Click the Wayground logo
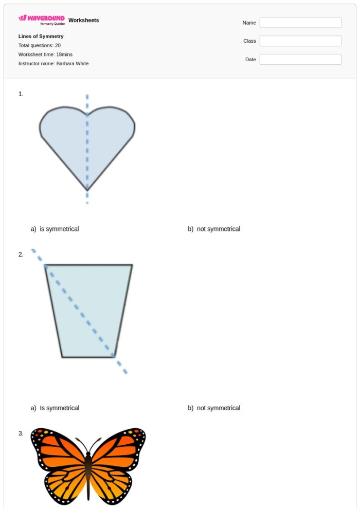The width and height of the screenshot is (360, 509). pyautogui.click(x=42, y=20)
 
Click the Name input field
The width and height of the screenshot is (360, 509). pyautogui.click(x=300, y=23)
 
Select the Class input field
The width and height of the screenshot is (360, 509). pyautogui.click(x=300, y=41)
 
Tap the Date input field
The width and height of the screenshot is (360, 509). pyautogui.click(x=300, y=60)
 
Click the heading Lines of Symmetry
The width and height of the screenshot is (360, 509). pyautogui.click(x=41, y=37)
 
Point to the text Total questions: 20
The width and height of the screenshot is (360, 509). pyautogui.click(x=40, y=46)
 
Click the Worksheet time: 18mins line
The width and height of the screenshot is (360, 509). pyautogui.click(x=45, y=54)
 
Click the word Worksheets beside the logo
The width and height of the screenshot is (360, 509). pyautogui.click(x=83, y=21)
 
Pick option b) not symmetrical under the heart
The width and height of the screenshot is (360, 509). pyautogui.click(x=214, y=229)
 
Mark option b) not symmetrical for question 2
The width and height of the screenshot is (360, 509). pyautogui.click(x=214, y=408)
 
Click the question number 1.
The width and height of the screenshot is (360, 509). pyautogui.click(x=21, y=94)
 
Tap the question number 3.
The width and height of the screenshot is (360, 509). pyautogui.click(x=21, y=433)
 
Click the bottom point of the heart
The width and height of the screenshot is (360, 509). pyautogui.click(x=87, y=190)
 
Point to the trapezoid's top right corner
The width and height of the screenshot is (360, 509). pyautogui.click(x=132, y=265)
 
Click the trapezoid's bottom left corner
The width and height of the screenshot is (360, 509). pyautogui.click(x=62, y=356)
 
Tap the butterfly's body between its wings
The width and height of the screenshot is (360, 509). pyautogui.click(x=88, y=470)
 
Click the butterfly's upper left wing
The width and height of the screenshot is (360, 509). pyautogui.click(x=57, y=445)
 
